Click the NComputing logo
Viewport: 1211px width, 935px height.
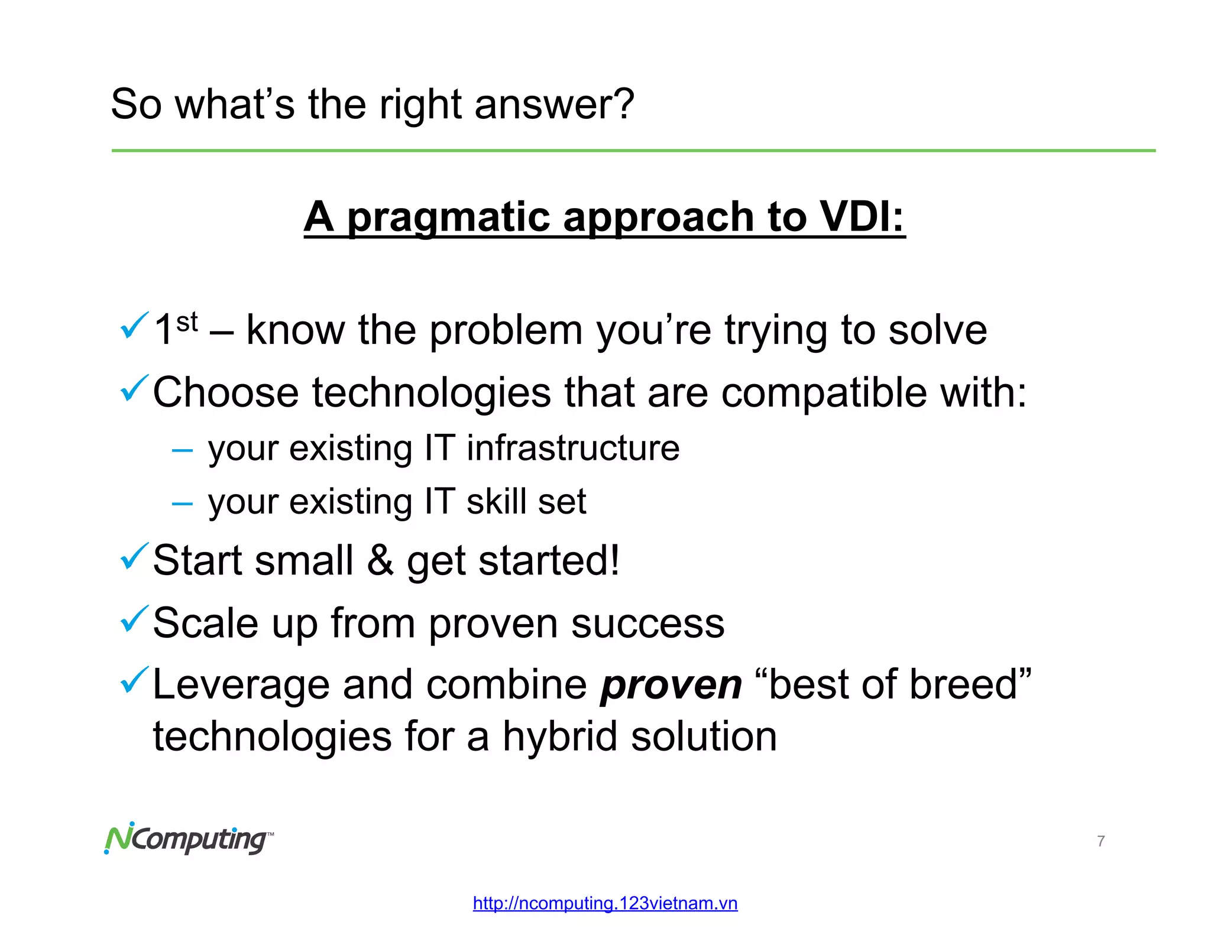pos(188,839)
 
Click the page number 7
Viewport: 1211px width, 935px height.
pos(1100,841)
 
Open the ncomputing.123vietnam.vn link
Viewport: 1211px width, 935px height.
pos(605,903)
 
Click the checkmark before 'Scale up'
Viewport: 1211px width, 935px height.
pos(133,619)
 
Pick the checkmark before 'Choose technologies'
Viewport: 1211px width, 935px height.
pos(133,388)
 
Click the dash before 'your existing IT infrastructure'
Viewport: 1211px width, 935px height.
pos(182,451)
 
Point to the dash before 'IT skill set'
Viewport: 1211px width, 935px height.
pos(182,504)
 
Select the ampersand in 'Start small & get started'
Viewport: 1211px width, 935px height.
pos(380,561)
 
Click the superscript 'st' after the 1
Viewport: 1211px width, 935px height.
pos(187,322)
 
